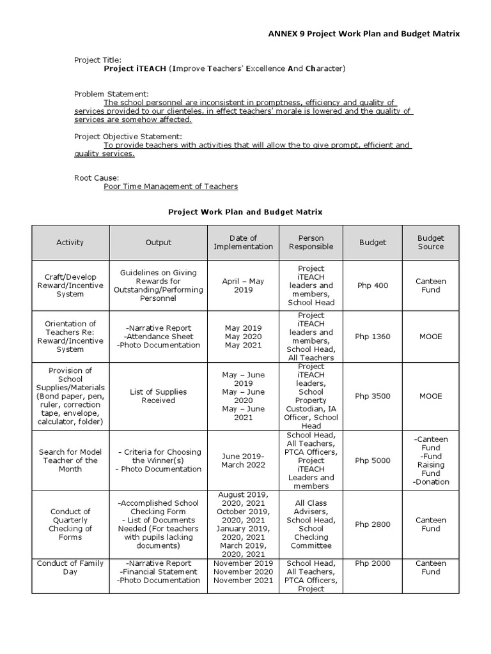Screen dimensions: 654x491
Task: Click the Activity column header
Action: point(70,243)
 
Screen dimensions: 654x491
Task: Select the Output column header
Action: point(159,243)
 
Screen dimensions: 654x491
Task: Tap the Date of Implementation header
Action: point(244,243)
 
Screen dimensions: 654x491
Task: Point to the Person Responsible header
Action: point(311,243)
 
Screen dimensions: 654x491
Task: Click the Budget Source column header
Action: point(430,243)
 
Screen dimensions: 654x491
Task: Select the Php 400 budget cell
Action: point(372,285)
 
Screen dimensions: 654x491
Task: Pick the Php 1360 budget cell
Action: point(372,337)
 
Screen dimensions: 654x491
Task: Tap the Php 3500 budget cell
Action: point(372,396)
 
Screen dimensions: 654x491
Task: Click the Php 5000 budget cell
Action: point(372,460)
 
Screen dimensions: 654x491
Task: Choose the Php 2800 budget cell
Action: point(372,524)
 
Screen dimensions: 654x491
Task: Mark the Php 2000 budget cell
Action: point(372,563)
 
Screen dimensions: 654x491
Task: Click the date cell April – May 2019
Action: point(244,285)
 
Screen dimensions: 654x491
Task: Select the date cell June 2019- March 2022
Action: point(244,460)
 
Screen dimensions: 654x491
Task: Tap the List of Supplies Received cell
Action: point(159,396)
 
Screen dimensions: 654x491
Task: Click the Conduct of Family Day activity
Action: point(70,567)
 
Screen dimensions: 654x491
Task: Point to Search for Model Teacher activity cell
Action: point(70,460)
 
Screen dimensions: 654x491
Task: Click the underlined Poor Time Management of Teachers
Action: point(171,186)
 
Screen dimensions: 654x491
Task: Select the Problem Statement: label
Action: point(111,94)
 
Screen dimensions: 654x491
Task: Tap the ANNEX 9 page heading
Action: point(363,34)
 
